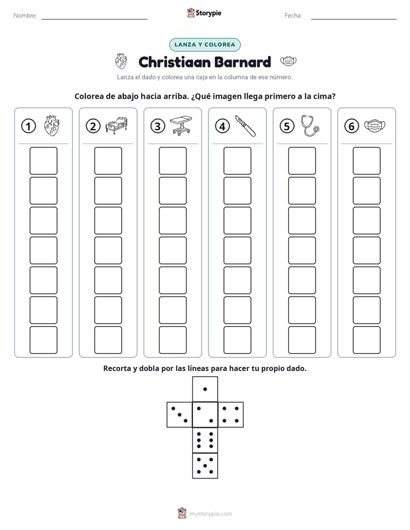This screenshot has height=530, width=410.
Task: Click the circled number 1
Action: [x=28, y=126]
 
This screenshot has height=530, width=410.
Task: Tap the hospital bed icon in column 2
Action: [x=117, y=126]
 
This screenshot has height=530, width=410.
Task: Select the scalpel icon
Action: [x=245, y=126]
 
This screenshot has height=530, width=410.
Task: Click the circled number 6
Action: [x=351, y=126]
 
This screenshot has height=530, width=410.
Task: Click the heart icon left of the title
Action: [x=121, y=61]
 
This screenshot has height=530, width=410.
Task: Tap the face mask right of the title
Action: [x=288, y=61]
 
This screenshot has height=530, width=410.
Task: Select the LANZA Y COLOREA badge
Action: [x=204, y=45]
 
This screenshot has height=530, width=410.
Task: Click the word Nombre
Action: [x=25, y=15]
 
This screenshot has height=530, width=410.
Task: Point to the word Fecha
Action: [x=293, y=15]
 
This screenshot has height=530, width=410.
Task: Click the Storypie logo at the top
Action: [x=204, y=13]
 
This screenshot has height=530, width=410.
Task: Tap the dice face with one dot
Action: [x=205, y=389]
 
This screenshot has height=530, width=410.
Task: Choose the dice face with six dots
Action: [x=205, y=440]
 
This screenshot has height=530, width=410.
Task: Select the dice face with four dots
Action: [x=231, y=415]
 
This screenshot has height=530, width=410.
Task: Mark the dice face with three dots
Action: [x=180, y=415]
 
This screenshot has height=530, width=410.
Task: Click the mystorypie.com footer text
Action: [x=210, y=514]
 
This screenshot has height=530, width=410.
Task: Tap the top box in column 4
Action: [x=238, y=161]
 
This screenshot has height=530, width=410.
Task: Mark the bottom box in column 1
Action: [x=44, y=340]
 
